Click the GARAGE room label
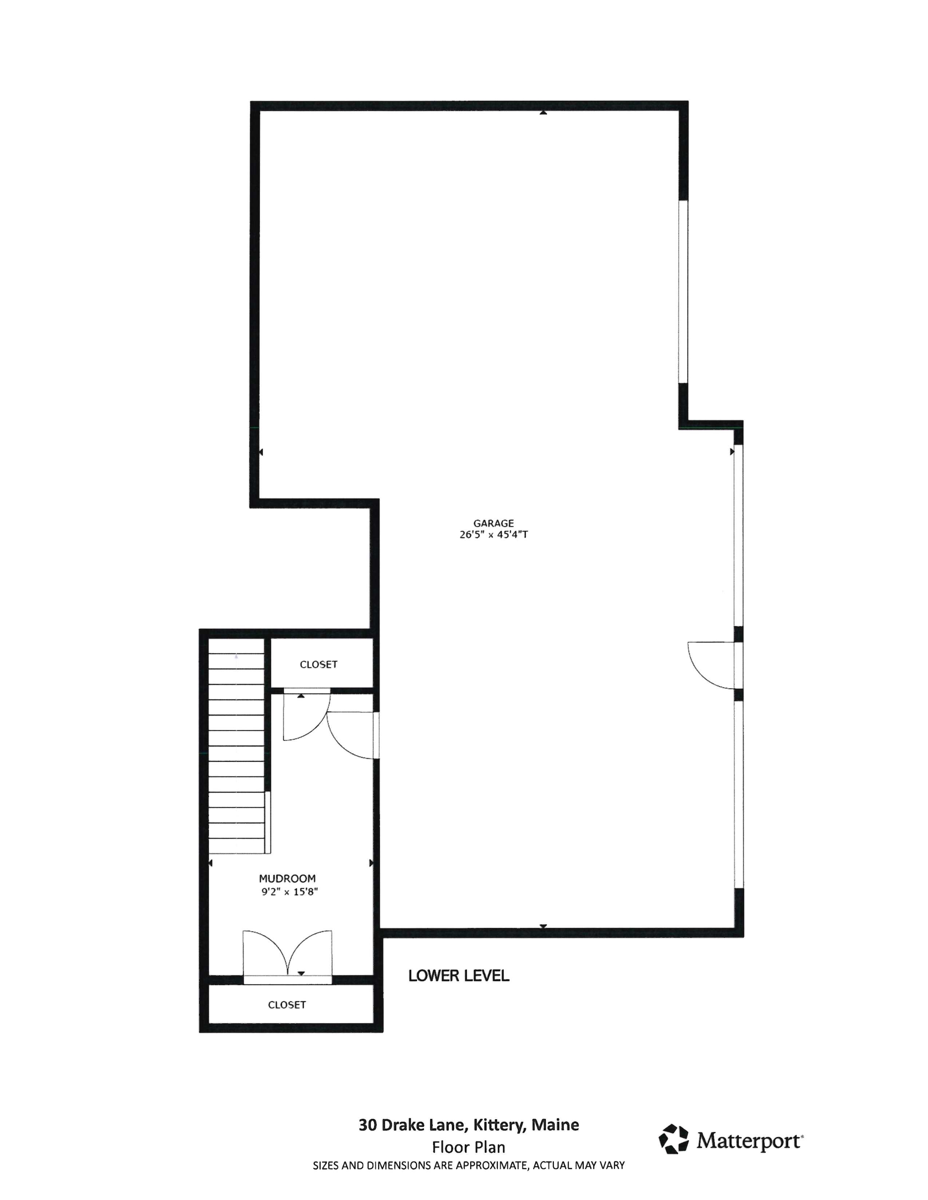point(493,523)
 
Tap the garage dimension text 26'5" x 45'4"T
point(493,535)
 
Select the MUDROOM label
point(287,879)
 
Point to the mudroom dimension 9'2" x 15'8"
point(290,892)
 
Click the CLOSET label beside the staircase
point(318,664)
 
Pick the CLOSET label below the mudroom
point(286,1004)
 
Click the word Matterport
point(749,1141)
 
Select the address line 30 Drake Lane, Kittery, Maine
point(468,1125)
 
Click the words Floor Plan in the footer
point(468,1147)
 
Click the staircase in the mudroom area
point(237,753)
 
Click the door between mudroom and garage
point(352,735)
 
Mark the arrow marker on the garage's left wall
point(261,452)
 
